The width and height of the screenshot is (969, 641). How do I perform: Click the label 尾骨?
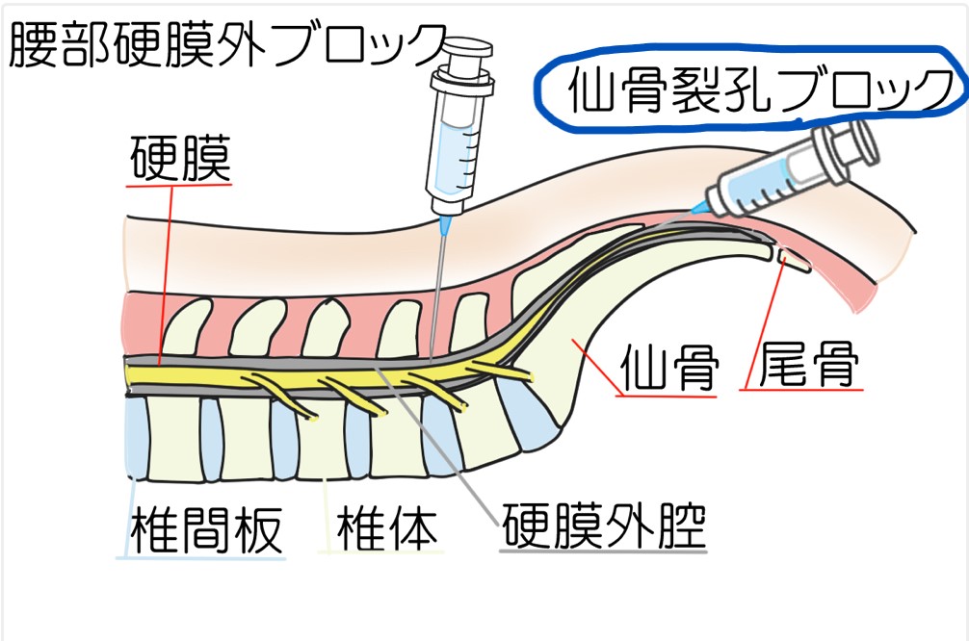click(806, 366)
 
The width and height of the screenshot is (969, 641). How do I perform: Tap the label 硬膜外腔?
click(602, 526)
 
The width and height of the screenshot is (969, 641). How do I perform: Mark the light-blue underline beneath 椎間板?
click(205, 556)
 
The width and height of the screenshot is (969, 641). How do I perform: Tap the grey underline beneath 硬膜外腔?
click(602, 550)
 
